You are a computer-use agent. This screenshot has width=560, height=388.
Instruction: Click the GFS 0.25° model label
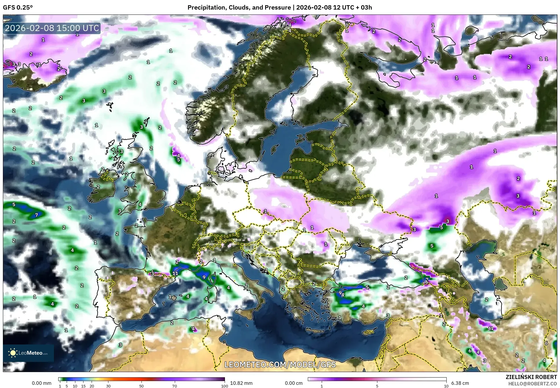click(x=18, y=8)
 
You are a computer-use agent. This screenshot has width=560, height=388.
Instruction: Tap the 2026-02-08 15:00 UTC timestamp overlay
click(x=52, y=28)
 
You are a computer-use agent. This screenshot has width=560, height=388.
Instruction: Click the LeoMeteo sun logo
click(x=13, y=353)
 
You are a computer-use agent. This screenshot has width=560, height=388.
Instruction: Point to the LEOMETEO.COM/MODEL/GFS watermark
click(x=280, y=365)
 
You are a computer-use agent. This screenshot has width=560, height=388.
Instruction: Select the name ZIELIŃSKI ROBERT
click(x=531, y=377)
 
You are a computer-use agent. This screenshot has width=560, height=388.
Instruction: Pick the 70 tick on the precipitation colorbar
click(x=174, y=386)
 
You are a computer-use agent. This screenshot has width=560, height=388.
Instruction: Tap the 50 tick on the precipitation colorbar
click(x=141, y=386)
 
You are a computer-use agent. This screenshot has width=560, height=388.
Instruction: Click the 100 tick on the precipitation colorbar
click(x=224, y=386)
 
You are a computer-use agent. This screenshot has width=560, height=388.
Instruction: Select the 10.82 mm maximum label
click(x=241, y=383)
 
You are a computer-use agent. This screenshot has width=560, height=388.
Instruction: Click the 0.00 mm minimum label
click(x=41, y=383)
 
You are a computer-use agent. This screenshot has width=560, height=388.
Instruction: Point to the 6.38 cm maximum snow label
click(x=460, y=383)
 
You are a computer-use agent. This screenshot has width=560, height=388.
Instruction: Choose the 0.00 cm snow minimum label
click(x=294, y=383)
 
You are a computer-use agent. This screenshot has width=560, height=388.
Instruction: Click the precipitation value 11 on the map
click(x=175, y=273)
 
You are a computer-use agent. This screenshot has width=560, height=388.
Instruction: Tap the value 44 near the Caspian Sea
click(x=490, y=329)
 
